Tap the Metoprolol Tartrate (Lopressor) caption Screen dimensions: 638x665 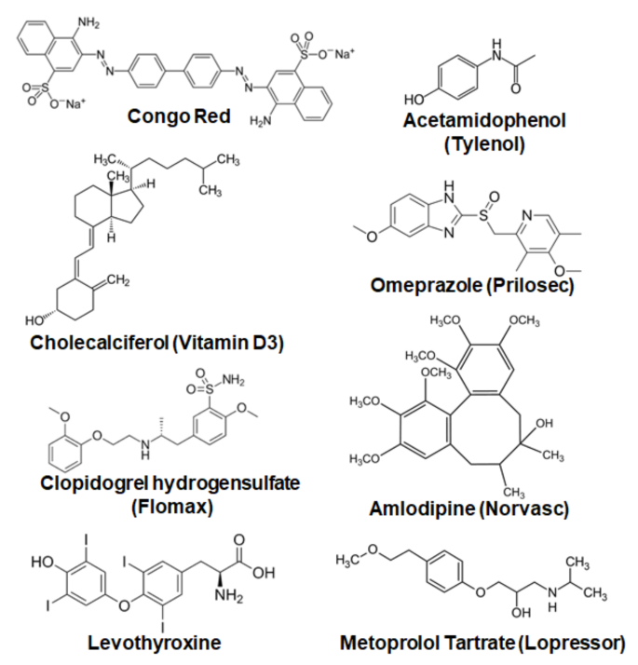(x=482, y=642)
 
